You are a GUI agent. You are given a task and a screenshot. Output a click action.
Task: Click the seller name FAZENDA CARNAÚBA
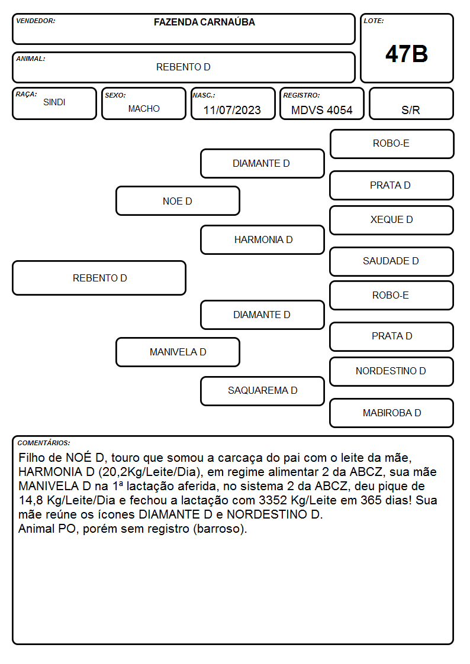[204, 22]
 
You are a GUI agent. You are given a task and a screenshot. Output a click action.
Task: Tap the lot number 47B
[407, 54]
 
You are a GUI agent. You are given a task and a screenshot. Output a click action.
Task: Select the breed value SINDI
[54, 102]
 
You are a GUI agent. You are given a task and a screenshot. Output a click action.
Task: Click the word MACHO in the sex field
[144, 109]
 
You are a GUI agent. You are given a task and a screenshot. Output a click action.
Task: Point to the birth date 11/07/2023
[232, 110]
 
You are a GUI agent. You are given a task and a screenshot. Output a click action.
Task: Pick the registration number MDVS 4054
[321, 110]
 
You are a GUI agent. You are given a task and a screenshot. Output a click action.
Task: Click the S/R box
[411, 103]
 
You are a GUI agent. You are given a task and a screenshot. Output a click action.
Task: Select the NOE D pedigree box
[178, 200]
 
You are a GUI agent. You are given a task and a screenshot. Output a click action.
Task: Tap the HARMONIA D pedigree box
[262, 239]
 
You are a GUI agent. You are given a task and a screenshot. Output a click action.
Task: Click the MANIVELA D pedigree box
[178, 352]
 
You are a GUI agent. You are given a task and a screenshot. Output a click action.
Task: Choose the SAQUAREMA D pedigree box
[262, 391]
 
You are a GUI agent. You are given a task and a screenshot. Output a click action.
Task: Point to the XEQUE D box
[392, 220]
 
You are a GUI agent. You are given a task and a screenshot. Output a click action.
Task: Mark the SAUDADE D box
[392, 261]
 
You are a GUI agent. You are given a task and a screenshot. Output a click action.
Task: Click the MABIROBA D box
[392, 413]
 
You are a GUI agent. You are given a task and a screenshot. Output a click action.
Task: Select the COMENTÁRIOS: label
[44, 443]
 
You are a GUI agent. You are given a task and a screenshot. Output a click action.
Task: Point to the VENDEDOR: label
[36, 21]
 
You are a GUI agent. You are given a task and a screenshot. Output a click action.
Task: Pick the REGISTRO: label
[301, 95]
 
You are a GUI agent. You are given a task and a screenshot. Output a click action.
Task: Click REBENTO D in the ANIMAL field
[183, 67]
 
